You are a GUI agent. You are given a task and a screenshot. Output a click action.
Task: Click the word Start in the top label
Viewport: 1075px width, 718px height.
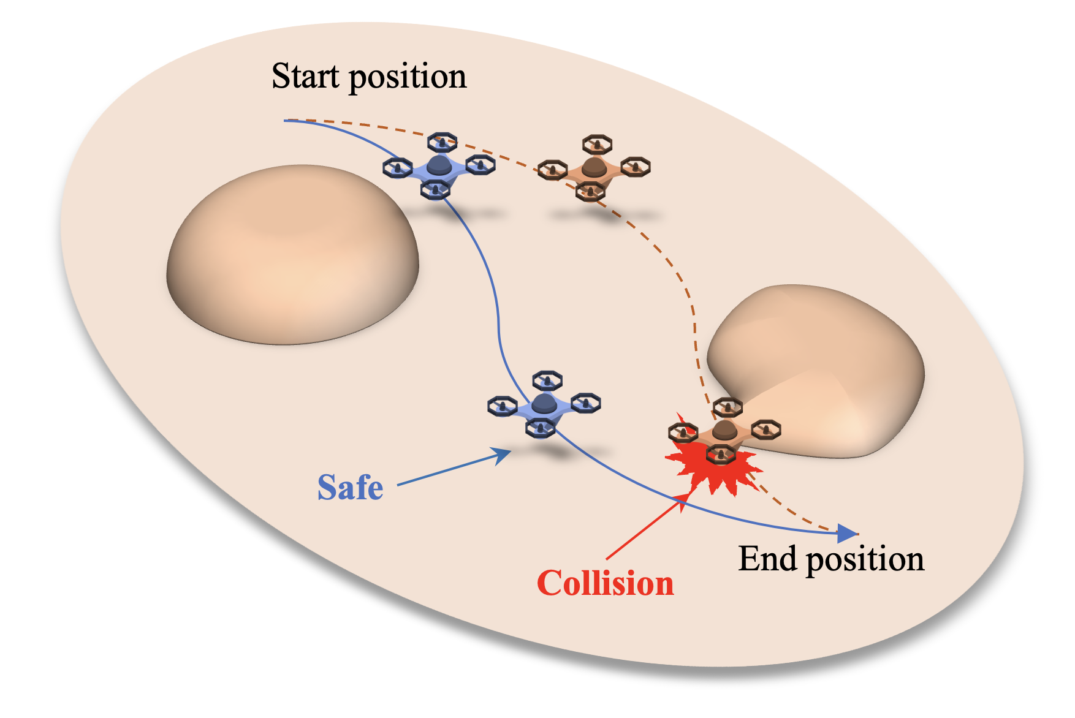click(305, 77)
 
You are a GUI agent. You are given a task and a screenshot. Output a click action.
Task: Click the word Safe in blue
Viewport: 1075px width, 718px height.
click(350, 488)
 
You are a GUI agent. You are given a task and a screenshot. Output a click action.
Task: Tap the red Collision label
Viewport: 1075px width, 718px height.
click(605, 583)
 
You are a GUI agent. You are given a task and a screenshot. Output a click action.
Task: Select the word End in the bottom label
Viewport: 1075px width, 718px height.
click(768, 559)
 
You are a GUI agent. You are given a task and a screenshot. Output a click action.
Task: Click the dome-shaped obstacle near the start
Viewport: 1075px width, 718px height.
click(293, 254)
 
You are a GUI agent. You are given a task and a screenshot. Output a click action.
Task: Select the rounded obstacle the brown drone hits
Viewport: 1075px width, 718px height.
click(821, 368)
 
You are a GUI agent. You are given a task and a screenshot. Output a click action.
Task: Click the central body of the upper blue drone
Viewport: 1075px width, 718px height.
click(438, 166)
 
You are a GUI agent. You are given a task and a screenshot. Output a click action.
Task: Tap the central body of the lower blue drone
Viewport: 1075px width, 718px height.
click(544, 404)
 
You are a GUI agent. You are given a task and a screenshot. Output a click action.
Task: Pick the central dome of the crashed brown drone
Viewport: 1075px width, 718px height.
click(724, 429)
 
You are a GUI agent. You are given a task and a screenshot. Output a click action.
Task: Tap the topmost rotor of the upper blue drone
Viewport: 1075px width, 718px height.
click(442, 142)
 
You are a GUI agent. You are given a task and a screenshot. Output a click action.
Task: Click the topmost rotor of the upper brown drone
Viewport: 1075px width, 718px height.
click(597, 144)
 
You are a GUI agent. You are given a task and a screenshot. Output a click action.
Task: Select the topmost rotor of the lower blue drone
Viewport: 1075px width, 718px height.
click(547, 380)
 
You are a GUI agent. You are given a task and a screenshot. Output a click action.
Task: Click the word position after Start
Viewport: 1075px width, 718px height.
click(408, 78)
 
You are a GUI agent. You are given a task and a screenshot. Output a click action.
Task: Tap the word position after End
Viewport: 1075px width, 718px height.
click(865, 560)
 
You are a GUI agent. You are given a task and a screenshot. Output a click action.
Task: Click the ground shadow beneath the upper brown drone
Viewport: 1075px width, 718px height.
click(607, 216)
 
